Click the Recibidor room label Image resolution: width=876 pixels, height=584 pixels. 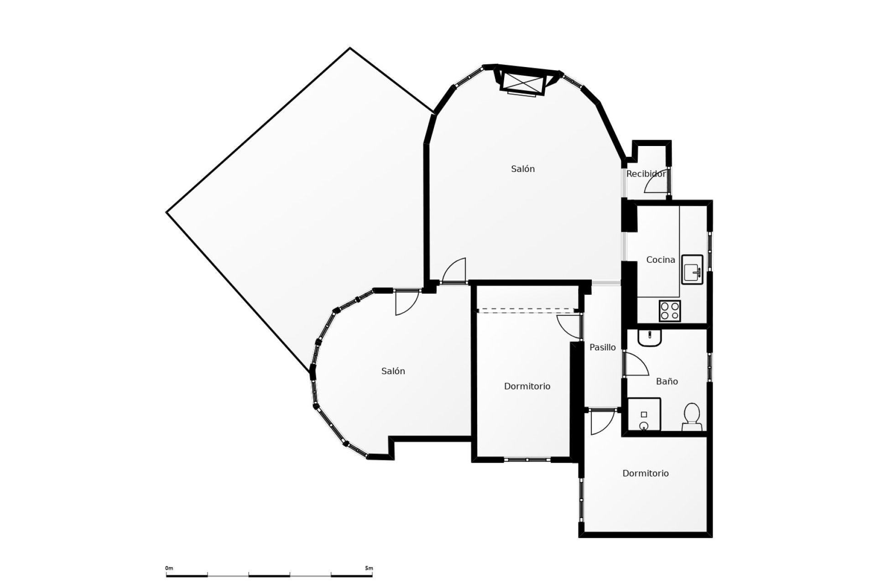(x=646, y=174)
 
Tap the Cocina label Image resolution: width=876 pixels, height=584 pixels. (x=660, y=260)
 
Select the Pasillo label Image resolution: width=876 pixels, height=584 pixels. (x=602, y=347)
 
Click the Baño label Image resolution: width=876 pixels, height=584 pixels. (x=667, y=381)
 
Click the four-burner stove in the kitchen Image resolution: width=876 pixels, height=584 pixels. (x=670, y=311)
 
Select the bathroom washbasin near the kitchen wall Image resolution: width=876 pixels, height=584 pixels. (x=650, y=338)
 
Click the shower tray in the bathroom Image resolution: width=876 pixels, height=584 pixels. (x=644, y=414)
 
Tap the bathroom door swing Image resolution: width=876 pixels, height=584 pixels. (x=635, y=365)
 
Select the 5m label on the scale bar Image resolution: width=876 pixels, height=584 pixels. (x=369, y=568)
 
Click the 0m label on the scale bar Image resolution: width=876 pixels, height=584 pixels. (x=169, y=568)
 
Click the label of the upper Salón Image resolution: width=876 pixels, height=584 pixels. (x=522, y=169)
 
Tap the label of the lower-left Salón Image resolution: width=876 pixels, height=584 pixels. (x=393, y=371)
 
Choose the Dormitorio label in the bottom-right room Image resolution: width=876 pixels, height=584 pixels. (x=645, y=474)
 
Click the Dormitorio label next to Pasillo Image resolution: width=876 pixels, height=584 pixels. (x=527, y=386)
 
